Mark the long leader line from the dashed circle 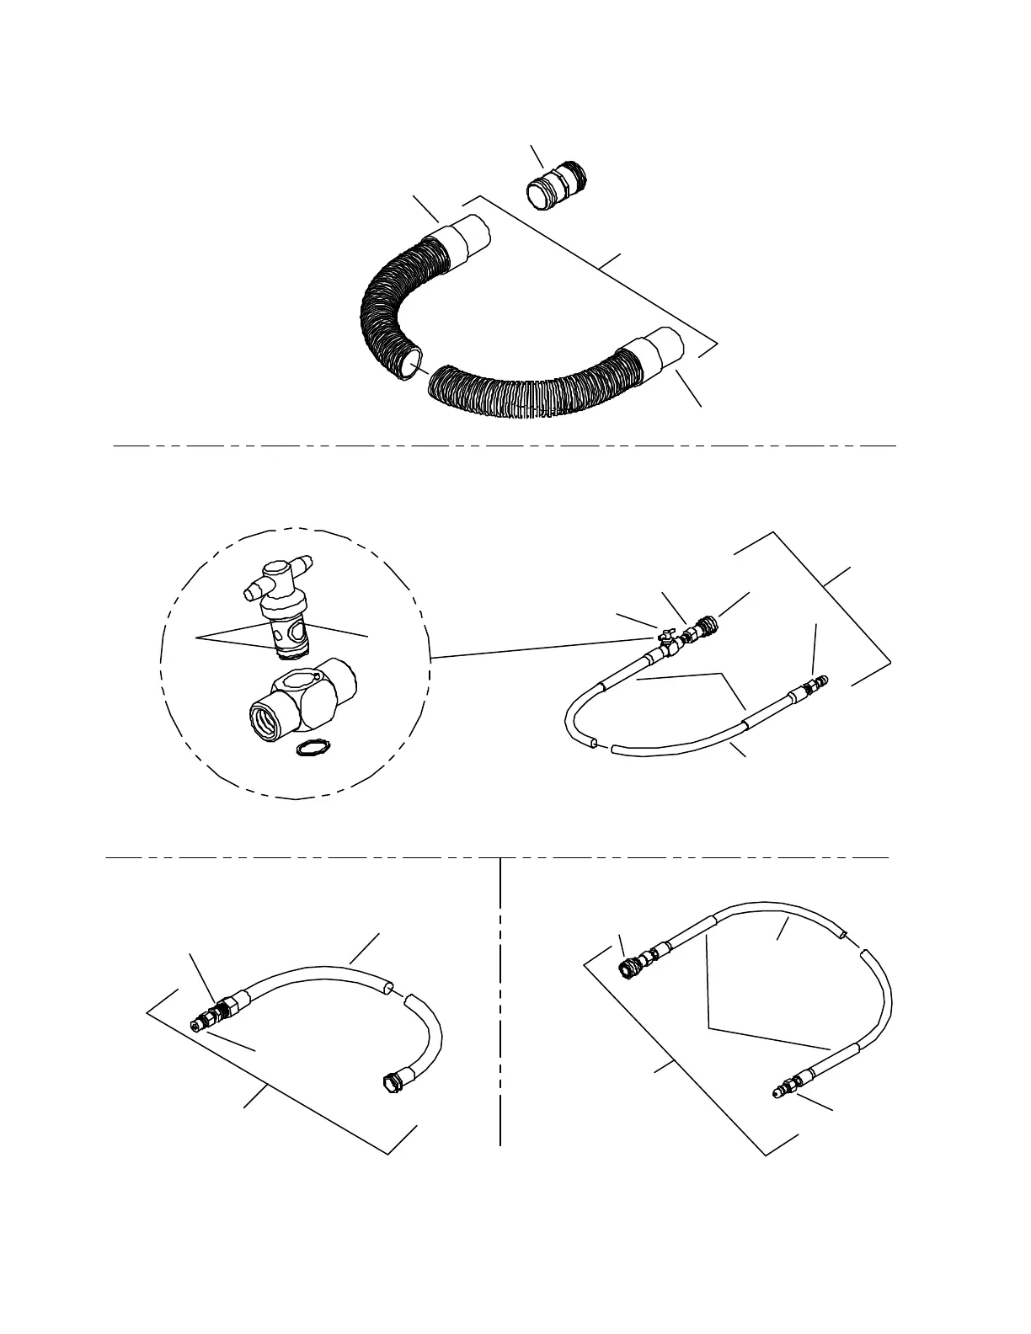pyautogui.click(x=539, y=649)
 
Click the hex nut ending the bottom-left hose pyautogui.click(x=388, y=1083)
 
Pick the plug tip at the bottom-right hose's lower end pyautogui.click(x=780, y=1092)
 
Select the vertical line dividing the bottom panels pyautogui.click(x=500, y=1002)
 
